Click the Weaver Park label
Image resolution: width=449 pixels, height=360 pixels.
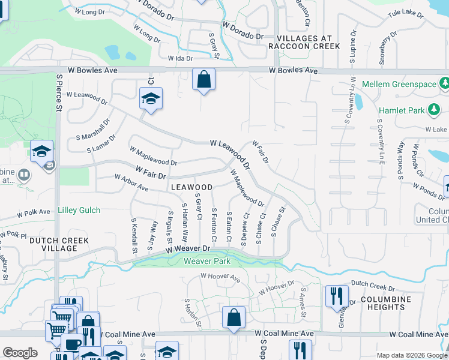[206, 261]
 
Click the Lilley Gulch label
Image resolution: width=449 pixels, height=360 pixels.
[79, 211]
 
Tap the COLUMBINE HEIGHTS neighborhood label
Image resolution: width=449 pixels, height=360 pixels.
[385, 303]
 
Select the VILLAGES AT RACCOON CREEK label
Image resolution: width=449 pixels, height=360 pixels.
[304, 42]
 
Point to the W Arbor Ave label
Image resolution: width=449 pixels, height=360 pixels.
[131, 183]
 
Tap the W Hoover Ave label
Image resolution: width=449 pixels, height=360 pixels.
[220, 277]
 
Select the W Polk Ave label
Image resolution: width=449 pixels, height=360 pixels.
[32, 212]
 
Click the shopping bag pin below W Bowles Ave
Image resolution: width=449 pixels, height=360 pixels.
[203, 79]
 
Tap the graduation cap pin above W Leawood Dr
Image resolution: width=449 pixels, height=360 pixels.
[151, 99]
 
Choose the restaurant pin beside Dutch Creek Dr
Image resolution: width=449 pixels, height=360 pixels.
[336, 296]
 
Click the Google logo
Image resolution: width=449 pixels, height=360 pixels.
[20, 353]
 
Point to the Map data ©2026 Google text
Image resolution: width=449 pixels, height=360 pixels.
[412, 355]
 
